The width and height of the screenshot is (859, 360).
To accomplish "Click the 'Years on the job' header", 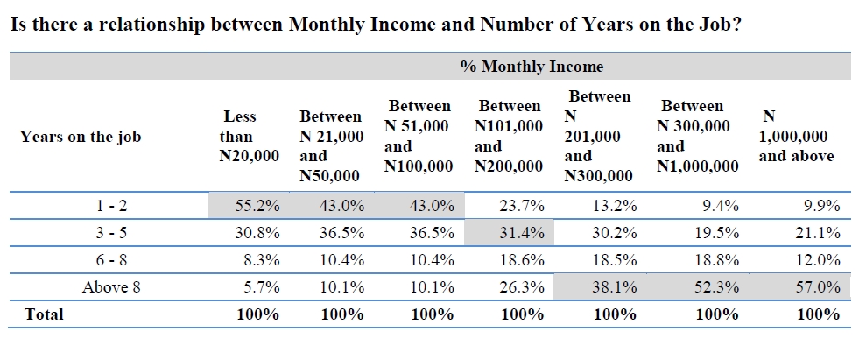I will coord(80,137).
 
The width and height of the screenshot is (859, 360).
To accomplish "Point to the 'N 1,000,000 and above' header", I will coord(796,136).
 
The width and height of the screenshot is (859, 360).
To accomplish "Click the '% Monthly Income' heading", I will coord(532,67).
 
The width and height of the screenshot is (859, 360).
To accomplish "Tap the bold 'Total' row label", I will coord(45,314).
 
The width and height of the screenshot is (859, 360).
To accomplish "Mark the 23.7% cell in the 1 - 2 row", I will coord(523,206).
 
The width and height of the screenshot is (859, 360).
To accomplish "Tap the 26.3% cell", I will coord(523,286).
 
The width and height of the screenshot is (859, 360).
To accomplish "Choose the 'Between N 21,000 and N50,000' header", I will coord(331,145).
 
